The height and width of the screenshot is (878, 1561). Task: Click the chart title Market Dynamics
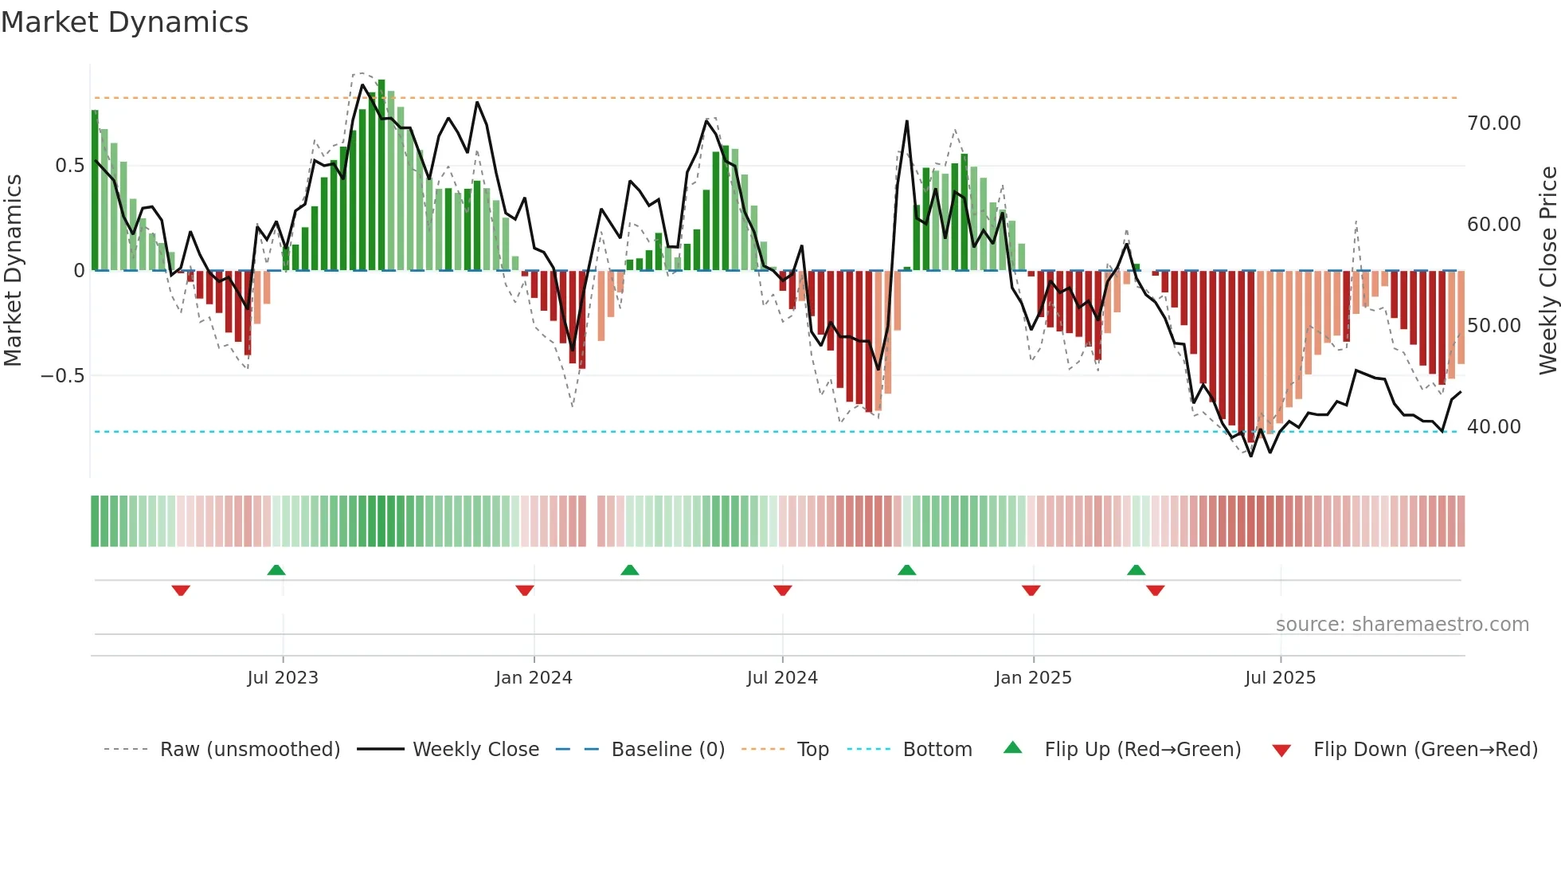tap(125, 22)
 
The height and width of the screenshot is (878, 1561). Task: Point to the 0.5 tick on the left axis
tap(69, 166)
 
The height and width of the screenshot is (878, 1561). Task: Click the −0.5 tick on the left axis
tap(62, 375)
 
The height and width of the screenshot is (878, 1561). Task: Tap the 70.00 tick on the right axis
tap(1493, 123)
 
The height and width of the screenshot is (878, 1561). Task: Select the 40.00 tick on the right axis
tap(1493, 427)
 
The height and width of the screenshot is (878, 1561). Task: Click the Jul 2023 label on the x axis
tap(282, 678)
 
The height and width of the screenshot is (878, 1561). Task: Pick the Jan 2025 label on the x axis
tap(1033, 678)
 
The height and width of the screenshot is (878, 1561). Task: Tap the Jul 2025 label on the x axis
tap(1280, 678)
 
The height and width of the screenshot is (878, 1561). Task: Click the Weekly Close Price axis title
tap(1547, 271)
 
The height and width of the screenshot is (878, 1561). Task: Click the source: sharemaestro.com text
tap(1402, 625)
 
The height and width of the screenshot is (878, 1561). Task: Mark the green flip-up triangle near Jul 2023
tap(276, 570)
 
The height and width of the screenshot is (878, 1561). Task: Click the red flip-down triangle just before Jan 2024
tap(524, 590)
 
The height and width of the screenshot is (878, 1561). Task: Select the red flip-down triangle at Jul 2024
tap(782, 590)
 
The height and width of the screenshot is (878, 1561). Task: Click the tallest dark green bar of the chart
tap(381, 175)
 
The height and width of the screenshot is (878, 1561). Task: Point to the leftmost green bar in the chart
tap(95, 191)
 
